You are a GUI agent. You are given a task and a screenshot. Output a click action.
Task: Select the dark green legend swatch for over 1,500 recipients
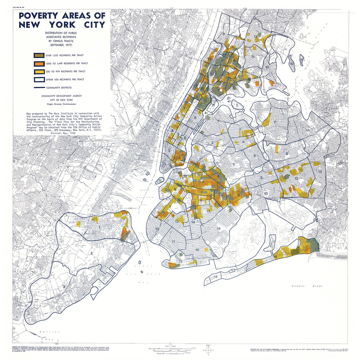point(39,55)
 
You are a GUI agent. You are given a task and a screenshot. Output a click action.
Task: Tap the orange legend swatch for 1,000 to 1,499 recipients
point(39,63)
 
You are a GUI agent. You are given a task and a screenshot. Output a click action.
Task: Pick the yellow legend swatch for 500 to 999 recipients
point(39,71)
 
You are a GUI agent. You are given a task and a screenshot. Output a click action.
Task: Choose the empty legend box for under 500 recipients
point(39,79)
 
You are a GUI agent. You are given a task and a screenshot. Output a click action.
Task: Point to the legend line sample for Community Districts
point(39,87)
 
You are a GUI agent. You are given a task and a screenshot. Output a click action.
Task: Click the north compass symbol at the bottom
point(208,350)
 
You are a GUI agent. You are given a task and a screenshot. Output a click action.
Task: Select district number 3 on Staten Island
point(64,287)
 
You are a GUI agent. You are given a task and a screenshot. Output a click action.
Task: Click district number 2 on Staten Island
point(91,253)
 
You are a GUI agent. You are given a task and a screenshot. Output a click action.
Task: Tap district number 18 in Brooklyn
point(218,228)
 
